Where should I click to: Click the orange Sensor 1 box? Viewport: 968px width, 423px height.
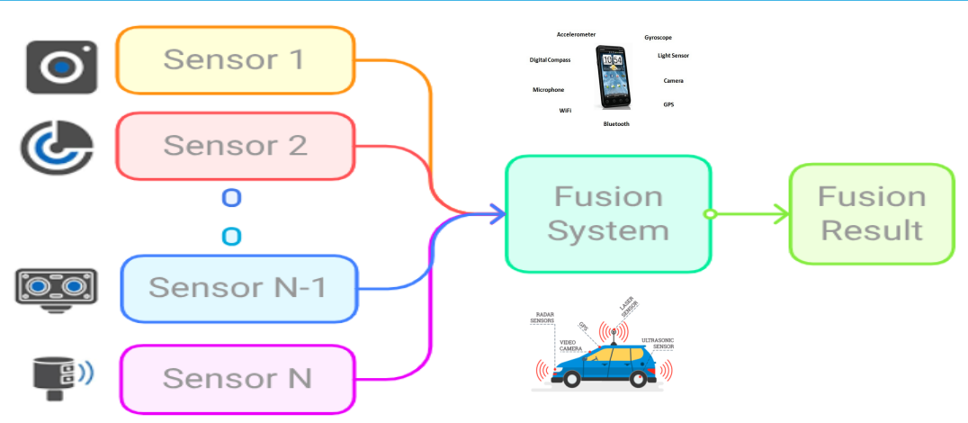236,60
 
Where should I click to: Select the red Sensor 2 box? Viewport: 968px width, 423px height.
236,145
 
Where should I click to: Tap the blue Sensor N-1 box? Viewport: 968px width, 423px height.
239,288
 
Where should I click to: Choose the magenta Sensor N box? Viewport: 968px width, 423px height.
238,378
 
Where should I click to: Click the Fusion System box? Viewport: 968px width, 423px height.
608,213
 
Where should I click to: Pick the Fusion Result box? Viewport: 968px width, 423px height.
872,213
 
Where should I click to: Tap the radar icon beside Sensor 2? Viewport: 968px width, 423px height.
57,144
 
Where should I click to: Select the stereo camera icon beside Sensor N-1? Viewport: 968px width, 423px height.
56,287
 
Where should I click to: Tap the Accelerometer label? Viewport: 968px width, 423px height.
576,34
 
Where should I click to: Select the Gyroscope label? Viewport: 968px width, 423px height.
658,38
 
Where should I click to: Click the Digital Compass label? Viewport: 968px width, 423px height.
550,60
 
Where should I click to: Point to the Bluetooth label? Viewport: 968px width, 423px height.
616,123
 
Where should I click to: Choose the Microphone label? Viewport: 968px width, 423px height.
549,90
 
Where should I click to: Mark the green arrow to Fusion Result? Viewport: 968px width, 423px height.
751,214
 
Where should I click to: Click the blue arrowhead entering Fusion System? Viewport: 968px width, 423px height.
496,213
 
